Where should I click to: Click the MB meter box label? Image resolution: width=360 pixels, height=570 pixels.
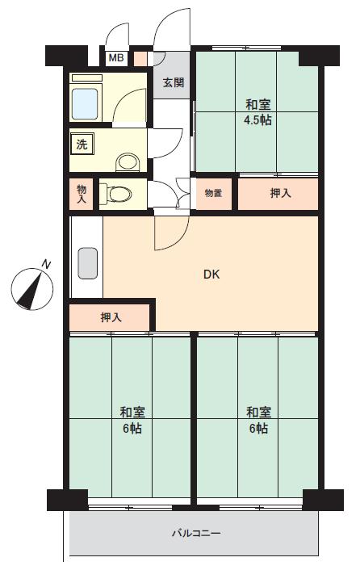pos(116,58)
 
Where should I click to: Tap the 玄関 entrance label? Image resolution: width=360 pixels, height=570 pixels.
pos(174,83)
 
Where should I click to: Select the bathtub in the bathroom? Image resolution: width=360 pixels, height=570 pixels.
pos(85,104)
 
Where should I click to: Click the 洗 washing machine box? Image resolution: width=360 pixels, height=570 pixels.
pos(82,145)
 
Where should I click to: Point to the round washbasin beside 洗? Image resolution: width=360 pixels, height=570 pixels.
pos(128,162)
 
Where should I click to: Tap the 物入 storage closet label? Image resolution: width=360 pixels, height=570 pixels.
pos(82,194)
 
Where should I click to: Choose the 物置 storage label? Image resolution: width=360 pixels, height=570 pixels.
pos(213,194)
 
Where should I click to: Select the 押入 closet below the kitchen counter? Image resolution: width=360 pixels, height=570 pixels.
pos(109,318)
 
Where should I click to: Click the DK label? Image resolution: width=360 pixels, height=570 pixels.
pos(211,275)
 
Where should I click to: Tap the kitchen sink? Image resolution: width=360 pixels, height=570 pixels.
pos(87,263)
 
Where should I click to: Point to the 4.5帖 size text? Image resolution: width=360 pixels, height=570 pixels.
pos(257,120)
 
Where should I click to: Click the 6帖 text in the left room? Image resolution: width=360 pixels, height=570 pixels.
pos(132,429)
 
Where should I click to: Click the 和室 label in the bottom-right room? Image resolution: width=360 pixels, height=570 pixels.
pos(258,413)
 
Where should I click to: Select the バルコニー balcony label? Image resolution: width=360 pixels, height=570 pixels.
pos(196,534)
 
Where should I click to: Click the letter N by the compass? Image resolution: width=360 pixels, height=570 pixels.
pos(46,264)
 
